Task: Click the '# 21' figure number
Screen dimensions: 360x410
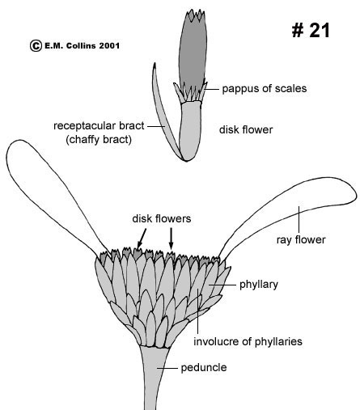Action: click(x=311, y=30)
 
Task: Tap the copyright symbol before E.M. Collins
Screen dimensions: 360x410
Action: click(x=36, y=45)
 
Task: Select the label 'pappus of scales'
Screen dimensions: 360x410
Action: click(x=265, y=89)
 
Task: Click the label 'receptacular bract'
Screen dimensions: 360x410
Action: click(x=99, y=126)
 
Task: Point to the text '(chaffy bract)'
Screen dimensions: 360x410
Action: click(x=99, y=140)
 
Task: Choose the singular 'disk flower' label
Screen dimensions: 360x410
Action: click(x=246, y=129)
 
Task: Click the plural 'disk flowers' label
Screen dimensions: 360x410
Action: click(x=162, y=218)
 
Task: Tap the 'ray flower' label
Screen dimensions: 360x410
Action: click(x=301, y=239)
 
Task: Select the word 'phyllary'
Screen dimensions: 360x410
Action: click(x=259, y=285)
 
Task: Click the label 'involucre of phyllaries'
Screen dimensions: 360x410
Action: click(x=248, y=341)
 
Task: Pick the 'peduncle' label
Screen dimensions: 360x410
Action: click(x=204, y=367)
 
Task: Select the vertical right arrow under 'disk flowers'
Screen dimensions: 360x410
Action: click(x=171, y=239)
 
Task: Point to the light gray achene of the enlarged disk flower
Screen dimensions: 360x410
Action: click(x=190, y=131)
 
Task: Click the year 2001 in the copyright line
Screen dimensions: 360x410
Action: click(x=109, y=45)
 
